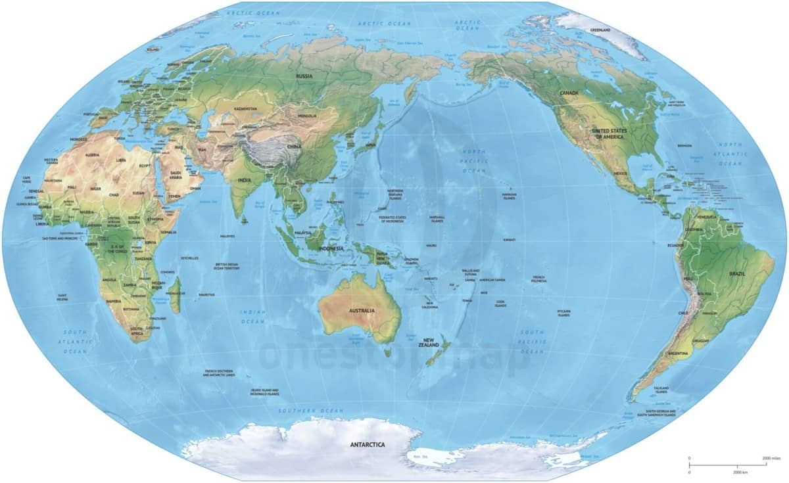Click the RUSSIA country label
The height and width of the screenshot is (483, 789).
[x=304, y=76]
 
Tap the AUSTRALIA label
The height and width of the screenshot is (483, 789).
[x=362, y=310]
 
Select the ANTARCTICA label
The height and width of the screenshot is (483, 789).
[x=368, y=445]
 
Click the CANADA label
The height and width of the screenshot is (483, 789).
[x=569, y=93]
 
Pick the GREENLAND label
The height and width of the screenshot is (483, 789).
[x=600, y=30]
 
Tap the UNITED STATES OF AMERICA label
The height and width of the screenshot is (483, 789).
[x=610, y=134]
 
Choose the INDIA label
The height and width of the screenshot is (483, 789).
[x=244, y=179]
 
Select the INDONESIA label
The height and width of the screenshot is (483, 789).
[x=331, y=248]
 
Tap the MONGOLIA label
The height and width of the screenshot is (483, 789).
[x=307, y=116]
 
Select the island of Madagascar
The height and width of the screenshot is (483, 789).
[x=176, y=299]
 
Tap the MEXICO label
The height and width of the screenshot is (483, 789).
[x=620, y=173]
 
